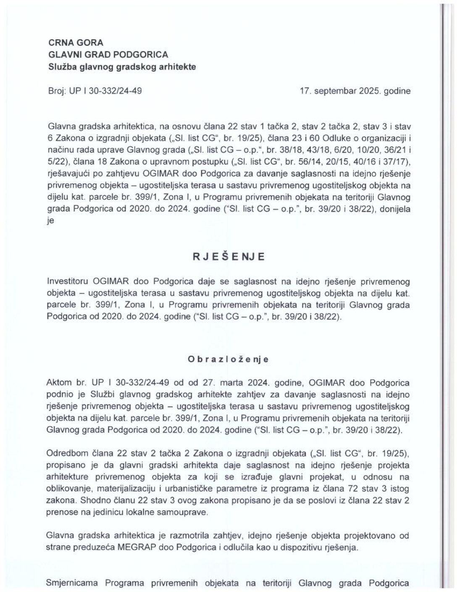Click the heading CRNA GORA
point(76,42)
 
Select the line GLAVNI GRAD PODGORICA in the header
point(108,54)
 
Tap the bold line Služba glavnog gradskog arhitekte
point(122,66)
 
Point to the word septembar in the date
point(334,90)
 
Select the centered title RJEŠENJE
point(229,257)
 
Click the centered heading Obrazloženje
point(229,359)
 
